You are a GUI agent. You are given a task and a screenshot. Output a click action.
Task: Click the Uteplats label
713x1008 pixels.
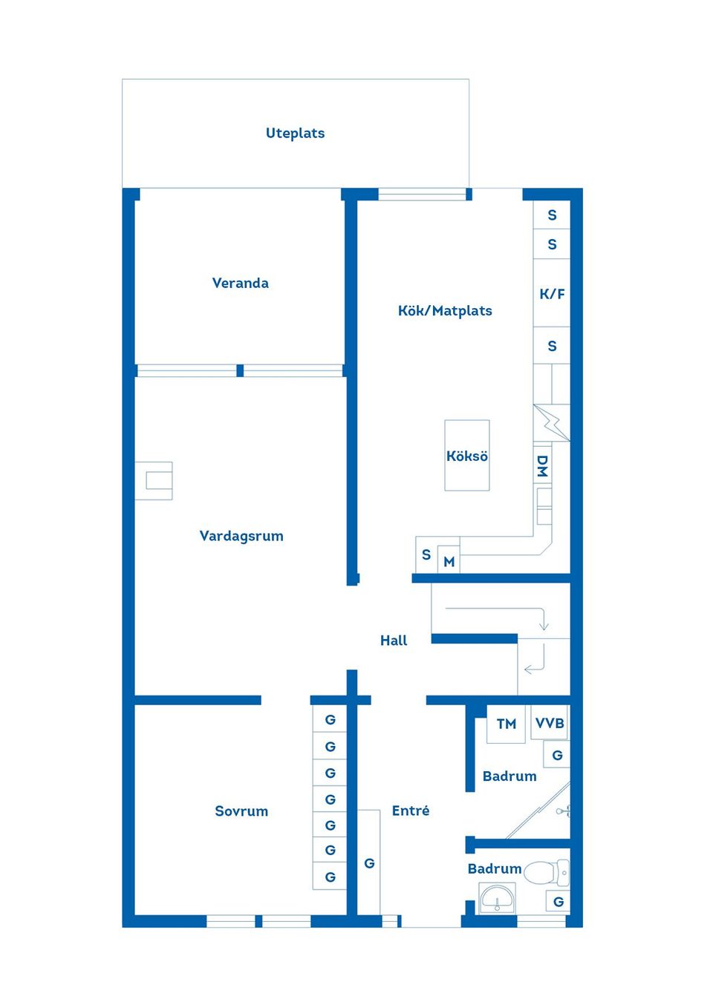(295, 134)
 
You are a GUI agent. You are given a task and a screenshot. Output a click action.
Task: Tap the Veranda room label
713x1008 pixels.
(240, 283)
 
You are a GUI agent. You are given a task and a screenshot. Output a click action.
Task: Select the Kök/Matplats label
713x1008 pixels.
(445, 311)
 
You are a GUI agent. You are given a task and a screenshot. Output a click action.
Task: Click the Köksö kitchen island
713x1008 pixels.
(467, 456)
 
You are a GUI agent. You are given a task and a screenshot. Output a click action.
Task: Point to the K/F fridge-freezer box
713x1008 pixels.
(552, 293)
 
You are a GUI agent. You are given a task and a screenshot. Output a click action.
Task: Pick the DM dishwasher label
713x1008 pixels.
(542, 465)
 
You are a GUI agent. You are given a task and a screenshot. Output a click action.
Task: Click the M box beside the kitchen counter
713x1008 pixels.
(449, 562)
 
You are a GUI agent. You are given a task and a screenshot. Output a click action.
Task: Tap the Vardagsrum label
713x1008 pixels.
(241, 536)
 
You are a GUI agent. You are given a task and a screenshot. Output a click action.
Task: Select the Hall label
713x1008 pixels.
(394, 641)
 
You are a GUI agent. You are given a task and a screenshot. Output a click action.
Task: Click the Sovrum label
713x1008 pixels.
(241, 811)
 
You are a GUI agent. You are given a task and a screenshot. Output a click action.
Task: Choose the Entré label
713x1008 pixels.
(411, 811)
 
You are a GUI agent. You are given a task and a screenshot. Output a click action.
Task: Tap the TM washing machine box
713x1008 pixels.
(507, 724)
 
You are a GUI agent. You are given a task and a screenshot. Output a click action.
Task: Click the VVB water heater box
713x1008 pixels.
(550, 723)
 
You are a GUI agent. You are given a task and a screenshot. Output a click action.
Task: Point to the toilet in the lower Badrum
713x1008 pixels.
(546, 873)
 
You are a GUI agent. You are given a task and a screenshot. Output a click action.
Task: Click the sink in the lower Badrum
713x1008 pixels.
(497, 899)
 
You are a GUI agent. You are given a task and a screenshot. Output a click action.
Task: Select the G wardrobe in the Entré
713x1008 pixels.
(369, 863)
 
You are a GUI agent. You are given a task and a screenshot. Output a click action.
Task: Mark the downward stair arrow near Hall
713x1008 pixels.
(544, 621)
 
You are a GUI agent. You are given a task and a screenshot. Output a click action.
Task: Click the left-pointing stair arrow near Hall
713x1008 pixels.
(533, 668)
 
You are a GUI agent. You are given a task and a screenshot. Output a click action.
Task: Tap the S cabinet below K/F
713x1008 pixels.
(552, 346)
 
